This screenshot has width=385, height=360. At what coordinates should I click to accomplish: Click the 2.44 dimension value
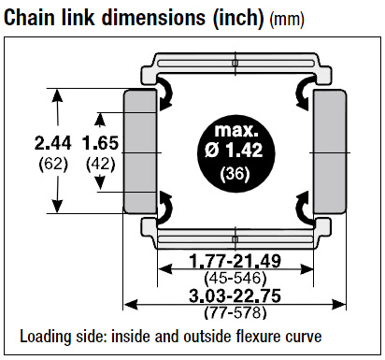click(x=52, y=143)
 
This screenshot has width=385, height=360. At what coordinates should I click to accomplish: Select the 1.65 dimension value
click(x=100, y=143)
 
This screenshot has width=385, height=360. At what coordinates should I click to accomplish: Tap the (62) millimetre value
click(x=53, y=164)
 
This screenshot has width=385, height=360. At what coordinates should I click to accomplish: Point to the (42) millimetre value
click(x=100, y=164)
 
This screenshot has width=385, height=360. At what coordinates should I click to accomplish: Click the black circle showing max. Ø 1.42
click(x=235, y=153)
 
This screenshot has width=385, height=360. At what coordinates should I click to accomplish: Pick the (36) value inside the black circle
click(x=235, y=173)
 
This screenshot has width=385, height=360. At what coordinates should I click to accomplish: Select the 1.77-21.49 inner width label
click(x=235, y=261)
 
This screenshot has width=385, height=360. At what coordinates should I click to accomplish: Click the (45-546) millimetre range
click(x=235, y=278)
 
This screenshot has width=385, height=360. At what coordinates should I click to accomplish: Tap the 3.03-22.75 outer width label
click(x=235, y=295)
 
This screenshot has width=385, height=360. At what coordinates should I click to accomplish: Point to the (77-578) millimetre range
click(x=235, y=312)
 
